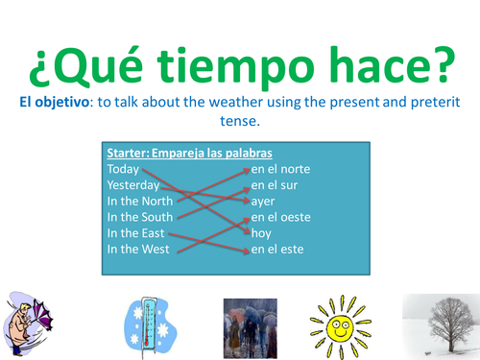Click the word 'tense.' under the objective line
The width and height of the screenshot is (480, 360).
pos(240,121)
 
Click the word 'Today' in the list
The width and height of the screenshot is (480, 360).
pos(124,170)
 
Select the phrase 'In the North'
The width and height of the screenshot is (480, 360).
pos(140,202)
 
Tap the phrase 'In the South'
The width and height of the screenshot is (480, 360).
pos(140,217)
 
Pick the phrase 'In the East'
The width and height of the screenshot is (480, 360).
pos(135,233)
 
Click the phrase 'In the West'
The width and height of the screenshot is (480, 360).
pos(137,250)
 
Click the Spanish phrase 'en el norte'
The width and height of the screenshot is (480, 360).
pos(281,170)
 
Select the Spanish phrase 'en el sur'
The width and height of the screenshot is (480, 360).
pos(276,185)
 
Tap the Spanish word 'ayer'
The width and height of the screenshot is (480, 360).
pos(263,202)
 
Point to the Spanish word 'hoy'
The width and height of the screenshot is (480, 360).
pos(261,233)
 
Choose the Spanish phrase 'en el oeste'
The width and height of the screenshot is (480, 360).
pos(282,217)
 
